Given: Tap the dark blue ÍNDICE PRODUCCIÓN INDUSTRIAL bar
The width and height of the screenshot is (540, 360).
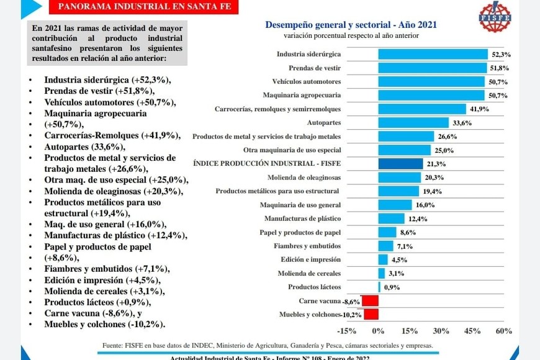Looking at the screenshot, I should pyautogui.click(x=401, y=164).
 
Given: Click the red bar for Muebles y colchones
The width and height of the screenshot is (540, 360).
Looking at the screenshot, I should pyautogui.click(x=369, y=314).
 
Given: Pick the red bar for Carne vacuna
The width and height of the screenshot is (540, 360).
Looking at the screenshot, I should pyautogui.click(x=371, y=300).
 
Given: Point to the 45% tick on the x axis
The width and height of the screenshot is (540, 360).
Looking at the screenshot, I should pyautogui.click(x=472, y=330).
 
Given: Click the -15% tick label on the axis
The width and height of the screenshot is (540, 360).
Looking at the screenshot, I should pyautogui.click(x=348, y=330).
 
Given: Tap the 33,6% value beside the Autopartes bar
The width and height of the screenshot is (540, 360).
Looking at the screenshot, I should pyautogui.click(x=462, y=123).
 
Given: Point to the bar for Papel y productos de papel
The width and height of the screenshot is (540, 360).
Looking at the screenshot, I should pyautogui.click(x=387, y=232).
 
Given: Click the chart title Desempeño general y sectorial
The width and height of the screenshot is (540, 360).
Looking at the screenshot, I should pyautogui.click(x=351, y=25).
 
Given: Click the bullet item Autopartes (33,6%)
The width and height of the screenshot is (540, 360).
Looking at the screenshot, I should pyautogui.click(x=84, y=146).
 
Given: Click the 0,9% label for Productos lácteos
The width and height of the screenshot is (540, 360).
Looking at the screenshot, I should pyautogui.click(x=392, y=287).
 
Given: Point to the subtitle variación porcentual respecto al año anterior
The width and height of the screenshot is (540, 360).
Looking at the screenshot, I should pyautogui.click(x=351, y=36).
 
